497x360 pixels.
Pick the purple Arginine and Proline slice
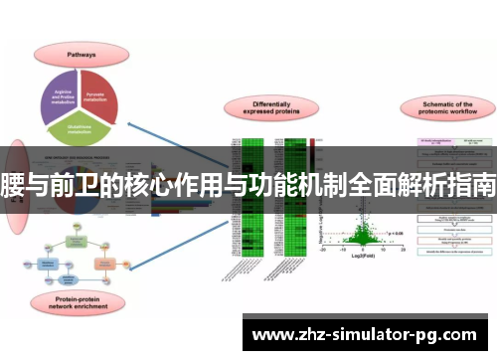66,94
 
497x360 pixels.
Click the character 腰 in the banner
13,183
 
